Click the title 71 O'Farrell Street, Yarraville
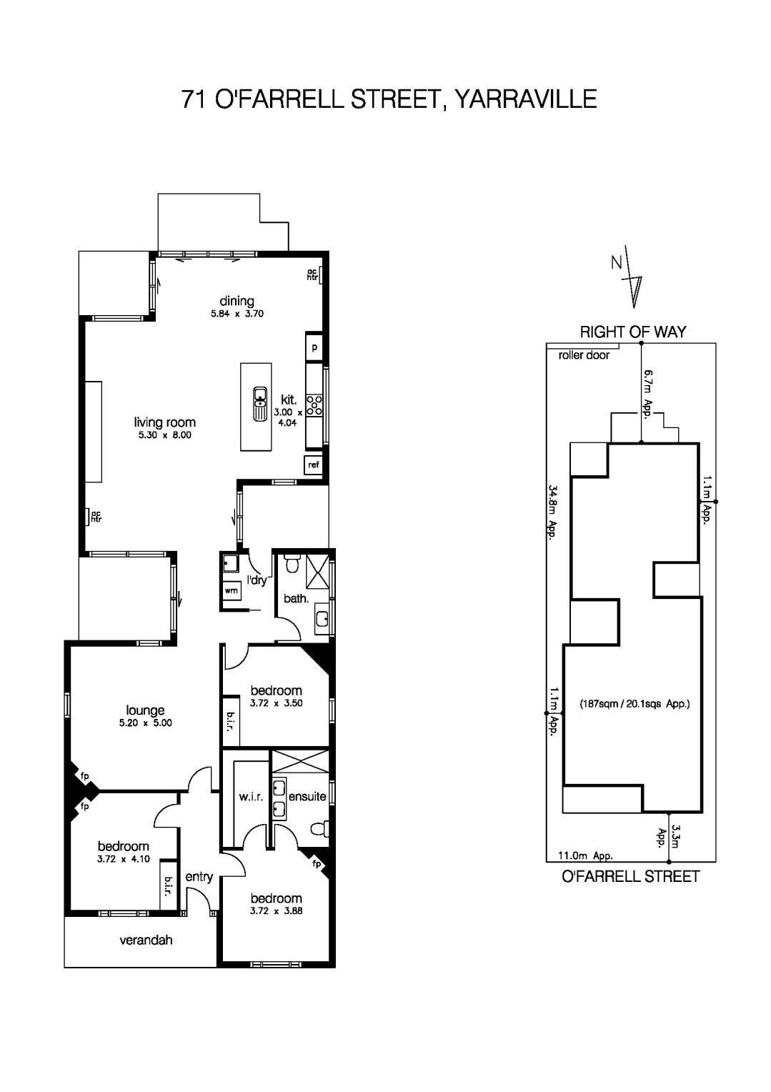pos(389,99)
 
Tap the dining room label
pos(237,301)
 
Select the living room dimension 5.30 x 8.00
pos(165,435)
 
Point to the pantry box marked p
pos(314,348)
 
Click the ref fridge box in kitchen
pos(313,465)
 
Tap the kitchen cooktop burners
pos(314,405)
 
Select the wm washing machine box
pos(231,591)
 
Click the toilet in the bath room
pos(292,565)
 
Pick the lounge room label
pos(145,710)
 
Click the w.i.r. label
pos(251,796)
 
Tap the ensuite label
pos(307,796)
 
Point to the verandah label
pos(146,940)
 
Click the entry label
pos(199,876)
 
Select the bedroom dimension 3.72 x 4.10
pos(124,859)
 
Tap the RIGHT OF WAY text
pos(632,332)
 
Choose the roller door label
pos(584,355)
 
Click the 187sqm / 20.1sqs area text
pos(635,703)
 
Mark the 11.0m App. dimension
pos(585,855)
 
